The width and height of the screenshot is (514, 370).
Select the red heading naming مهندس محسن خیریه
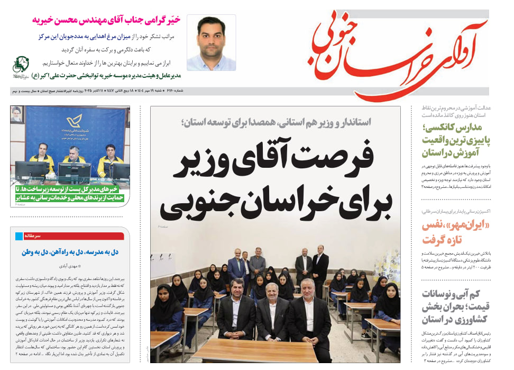(106, 21)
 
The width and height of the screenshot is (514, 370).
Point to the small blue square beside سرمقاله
(20, 236)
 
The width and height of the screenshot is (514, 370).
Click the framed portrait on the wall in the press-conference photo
(17, 114)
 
